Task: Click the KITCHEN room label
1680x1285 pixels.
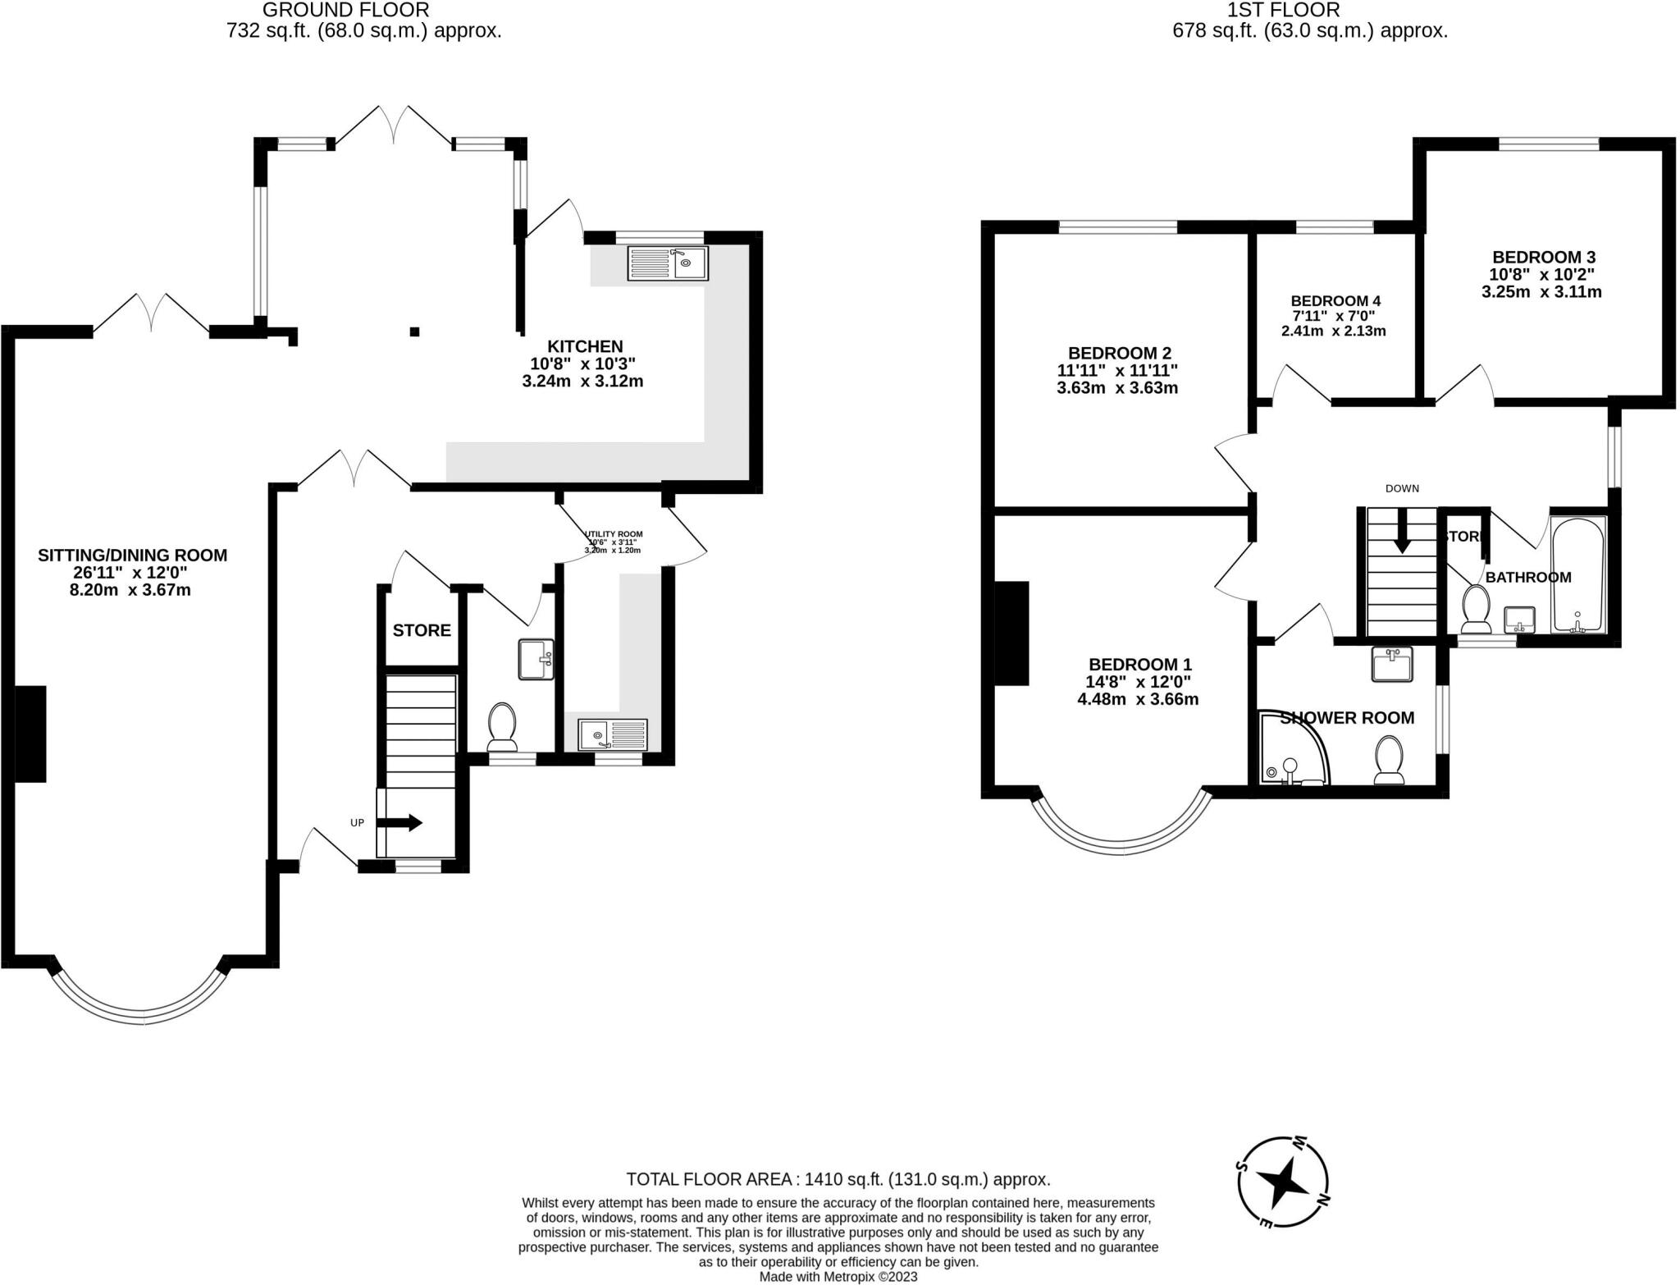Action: (x=585, y=346)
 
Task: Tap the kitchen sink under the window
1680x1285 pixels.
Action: (x=668, y=263)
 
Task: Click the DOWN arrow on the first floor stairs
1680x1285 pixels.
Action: (x=1401, y=533)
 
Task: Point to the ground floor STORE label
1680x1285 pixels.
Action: (x=422, y=630)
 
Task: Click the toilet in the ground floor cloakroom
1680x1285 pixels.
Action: (x=501, y=727)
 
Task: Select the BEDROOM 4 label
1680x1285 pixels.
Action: (x=1335, y=301)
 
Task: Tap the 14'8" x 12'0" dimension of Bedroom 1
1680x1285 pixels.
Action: (x=1139, y=681)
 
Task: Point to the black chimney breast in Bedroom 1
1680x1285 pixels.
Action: (x=1011, y=633)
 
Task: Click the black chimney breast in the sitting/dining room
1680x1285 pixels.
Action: (x=30, y=734)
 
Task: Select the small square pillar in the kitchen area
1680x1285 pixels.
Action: (x=415, y=332)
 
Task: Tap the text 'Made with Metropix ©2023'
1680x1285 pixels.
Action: (x=838, y=1277)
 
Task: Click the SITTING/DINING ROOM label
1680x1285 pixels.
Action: (x=132, y=556)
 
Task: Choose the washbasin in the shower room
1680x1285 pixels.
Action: (x=1391, y=664)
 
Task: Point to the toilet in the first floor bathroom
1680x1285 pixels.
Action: (x=1477, y=610)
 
